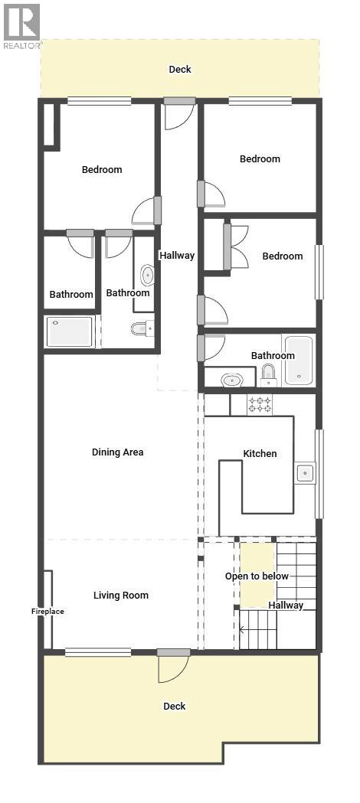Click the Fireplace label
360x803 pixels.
pos(47,612)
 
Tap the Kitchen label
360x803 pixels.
pos(260,454)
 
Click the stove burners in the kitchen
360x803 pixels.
pos(260,404)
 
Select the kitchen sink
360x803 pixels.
pos(306,473)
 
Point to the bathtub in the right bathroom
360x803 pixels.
pos(298,361)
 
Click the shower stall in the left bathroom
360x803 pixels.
pos(70,331)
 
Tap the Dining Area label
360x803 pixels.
pos(117,452)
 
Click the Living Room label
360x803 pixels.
pos(121,596)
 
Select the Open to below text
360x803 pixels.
pos(257,576)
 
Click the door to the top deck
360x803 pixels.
pos(179,113)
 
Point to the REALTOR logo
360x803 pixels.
pos(21,25)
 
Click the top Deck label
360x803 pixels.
pos(180,70)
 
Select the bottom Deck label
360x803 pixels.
pos(175,707)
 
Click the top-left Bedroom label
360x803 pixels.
pos(102,170)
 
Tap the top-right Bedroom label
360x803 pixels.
pos(260,159)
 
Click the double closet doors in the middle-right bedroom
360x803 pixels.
pos(237,246)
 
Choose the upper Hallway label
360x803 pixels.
pos(177,256)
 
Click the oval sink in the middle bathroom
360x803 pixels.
pos(147,275)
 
